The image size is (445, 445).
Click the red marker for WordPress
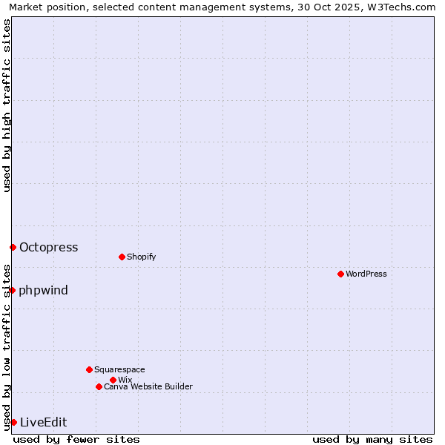340,274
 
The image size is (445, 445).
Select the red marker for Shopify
122,257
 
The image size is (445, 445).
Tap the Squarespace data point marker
89,369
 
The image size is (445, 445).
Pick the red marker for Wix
113,380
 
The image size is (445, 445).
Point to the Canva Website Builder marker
99,386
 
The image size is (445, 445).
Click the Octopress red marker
13,247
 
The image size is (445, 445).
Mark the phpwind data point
12,290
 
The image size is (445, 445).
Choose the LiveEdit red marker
13,422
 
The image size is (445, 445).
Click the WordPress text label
366,274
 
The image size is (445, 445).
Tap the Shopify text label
142,257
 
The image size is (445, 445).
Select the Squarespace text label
119,369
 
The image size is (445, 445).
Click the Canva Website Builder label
148,386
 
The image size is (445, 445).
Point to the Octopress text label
49,248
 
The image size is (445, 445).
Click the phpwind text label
44,290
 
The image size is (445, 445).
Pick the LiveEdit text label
44,423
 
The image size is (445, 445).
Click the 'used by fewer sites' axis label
76,439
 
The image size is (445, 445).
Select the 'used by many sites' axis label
372,439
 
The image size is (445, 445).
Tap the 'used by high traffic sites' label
7,105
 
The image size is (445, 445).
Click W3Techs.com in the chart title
405,7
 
